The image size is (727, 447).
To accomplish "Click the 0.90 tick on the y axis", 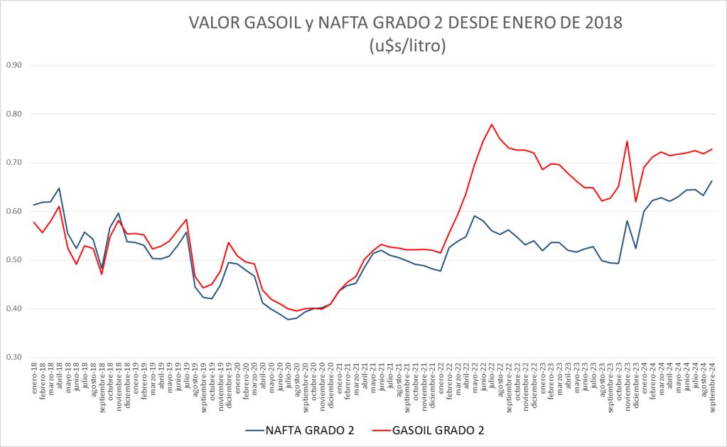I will pos(14,65).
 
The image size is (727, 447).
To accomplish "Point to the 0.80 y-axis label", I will pos(14,114).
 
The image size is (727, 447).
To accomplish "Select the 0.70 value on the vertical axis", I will pos(14,163).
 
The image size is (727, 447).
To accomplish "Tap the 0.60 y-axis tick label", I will pos(14,211).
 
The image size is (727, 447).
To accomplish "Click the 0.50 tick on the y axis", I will pos(14,260).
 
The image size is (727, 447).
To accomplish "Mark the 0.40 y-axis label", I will pos(14,308).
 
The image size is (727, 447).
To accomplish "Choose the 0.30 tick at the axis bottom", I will pos(14,357).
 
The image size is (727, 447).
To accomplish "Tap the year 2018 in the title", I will pos(603,23).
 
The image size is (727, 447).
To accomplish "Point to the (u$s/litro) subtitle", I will pos(407,46).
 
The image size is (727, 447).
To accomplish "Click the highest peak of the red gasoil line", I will pos(492,124).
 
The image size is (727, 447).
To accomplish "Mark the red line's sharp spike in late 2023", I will pos(627,141).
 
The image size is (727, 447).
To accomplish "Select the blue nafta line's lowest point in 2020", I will pos(288,320).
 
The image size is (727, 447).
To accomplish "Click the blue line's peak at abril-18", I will pos(59,188).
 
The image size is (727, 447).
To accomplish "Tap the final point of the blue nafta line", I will pos(711,181).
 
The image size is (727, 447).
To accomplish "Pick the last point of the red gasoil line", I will pos(711,149).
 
